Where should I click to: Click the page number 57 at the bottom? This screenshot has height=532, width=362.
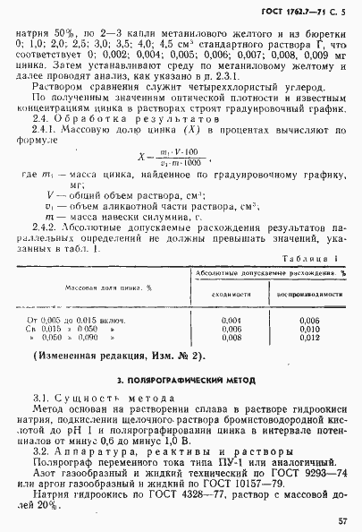tap(343, 518)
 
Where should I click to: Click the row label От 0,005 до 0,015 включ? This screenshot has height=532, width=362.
tap(78, 320)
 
